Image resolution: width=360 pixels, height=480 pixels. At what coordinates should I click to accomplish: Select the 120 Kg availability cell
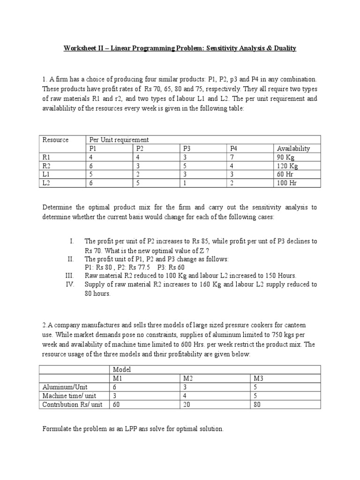(x=287, y=166)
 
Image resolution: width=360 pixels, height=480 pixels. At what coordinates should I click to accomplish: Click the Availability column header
(x=293, y=149)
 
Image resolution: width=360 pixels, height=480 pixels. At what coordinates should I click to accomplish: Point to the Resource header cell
(x=55, y=140)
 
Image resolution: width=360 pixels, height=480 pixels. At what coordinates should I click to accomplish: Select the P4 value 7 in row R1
(x=232, y=157)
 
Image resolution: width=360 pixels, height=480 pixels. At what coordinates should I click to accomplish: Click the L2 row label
(x=46, y=183)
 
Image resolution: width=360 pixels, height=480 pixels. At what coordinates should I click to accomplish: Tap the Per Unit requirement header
(x=119, y=140)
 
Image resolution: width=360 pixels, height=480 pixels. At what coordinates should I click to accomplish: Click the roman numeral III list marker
(x=70, y=276)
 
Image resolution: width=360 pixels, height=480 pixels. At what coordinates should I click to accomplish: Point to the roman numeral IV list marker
(x=70, y=284)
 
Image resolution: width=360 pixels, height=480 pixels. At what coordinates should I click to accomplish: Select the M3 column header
(x=259, y=378)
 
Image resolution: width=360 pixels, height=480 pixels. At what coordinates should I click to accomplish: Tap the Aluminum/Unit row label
(x=63, y=387)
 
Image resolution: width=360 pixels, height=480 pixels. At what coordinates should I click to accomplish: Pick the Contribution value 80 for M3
(x=257, y=404)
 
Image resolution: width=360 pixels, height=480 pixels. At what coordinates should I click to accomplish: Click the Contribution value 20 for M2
(x=187, y=404)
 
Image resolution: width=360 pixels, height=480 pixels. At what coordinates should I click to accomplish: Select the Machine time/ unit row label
(x=69, y=396)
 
